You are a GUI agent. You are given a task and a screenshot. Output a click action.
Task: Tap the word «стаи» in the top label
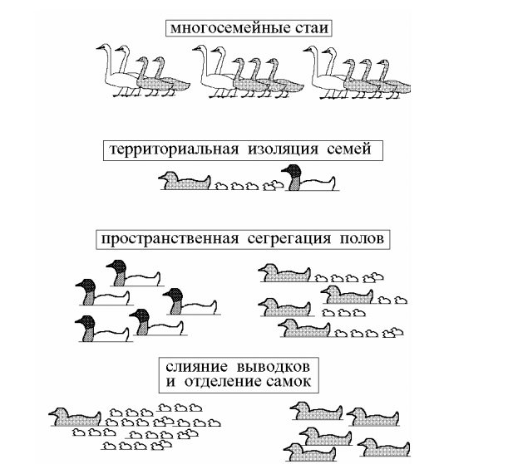pos(312,27)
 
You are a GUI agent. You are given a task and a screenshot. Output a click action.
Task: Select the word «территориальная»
pos(174,149)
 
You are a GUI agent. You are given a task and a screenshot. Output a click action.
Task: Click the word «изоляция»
pos(283,149)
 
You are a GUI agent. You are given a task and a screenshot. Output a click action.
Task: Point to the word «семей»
pos(349,149)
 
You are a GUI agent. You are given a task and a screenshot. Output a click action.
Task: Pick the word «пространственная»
pos(170,239)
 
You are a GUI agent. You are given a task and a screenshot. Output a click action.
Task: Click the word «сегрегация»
pos(289,239)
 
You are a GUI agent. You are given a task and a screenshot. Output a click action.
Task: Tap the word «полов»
pos(362,238)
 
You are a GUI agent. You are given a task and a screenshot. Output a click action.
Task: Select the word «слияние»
pos(196,367)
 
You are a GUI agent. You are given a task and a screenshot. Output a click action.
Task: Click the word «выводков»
pos(273,367)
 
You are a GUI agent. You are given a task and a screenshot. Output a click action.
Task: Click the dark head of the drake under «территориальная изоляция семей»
pos(292,171)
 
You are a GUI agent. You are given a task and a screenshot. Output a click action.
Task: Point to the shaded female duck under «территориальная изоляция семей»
pos(185,181)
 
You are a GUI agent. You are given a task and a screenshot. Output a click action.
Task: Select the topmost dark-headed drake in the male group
pos(134,273)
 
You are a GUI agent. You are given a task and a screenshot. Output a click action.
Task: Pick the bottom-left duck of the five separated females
pos(310,452)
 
